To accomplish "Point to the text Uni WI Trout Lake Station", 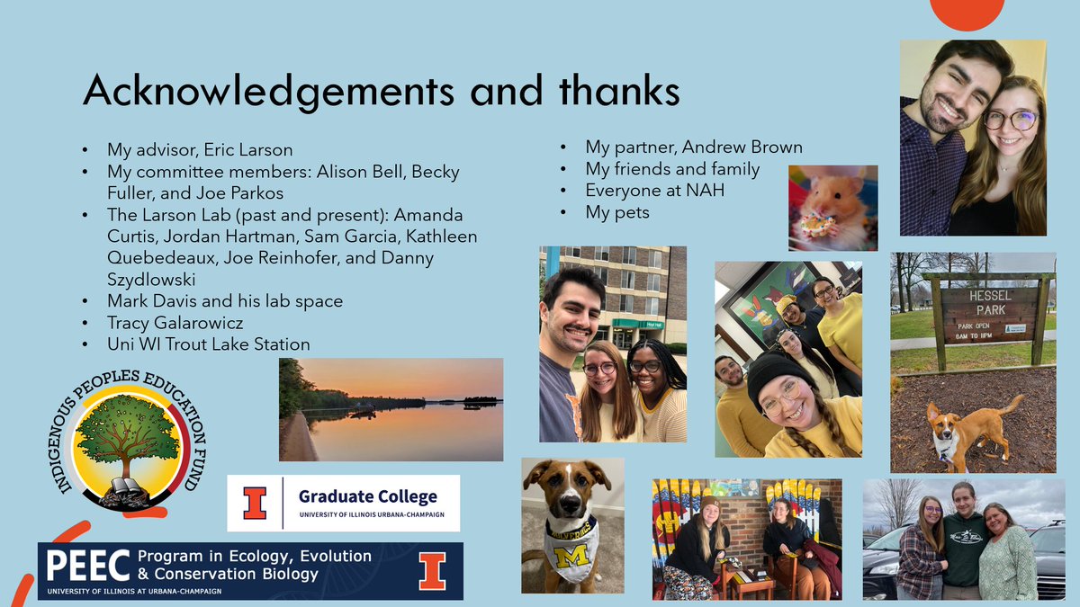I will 208,344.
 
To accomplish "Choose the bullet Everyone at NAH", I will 654,191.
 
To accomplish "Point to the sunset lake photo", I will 391,409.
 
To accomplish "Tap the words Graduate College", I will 367,496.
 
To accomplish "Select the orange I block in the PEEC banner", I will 432,570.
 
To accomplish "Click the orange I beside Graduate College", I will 255,503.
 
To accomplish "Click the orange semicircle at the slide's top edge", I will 967,13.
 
